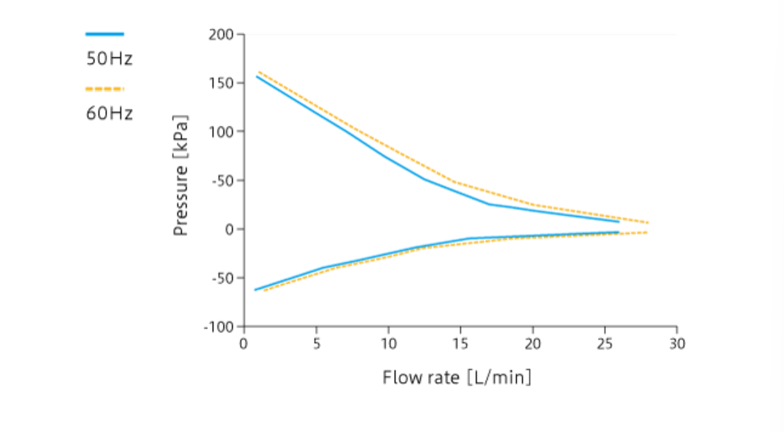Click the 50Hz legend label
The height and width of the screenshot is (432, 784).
coord(109,59)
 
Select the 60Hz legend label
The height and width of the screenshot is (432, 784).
coord(109,113)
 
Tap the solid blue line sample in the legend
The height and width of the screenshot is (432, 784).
coord(104,34)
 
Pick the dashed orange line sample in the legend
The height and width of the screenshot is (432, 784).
coord(104,89)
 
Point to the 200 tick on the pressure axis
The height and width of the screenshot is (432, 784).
coord(222,35)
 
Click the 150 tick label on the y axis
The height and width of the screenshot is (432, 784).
coord(222,83)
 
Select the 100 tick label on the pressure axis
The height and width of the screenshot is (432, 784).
coord(222,132)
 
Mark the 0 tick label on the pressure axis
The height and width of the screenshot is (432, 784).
coord(229,229)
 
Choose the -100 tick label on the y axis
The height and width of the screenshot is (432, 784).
coord(218,326)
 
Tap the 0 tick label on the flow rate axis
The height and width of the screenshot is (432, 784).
coord(244,343)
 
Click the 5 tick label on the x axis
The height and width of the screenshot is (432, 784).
coord(316,343)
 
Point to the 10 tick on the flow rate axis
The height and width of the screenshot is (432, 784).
coord(388,343)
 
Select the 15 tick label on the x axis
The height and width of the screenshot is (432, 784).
coord(460,343)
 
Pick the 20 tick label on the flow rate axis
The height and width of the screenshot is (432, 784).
coord(532,343)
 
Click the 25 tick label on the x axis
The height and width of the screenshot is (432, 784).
coord(605,343)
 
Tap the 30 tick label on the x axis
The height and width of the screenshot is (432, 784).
coord(677,343)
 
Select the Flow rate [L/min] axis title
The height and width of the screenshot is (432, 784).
coord(457,377)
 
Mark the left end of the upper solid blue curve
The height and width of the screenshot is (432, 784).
coord(256,76)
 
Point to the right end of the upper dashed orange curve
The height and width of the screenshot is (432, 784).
coord(648,222)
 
